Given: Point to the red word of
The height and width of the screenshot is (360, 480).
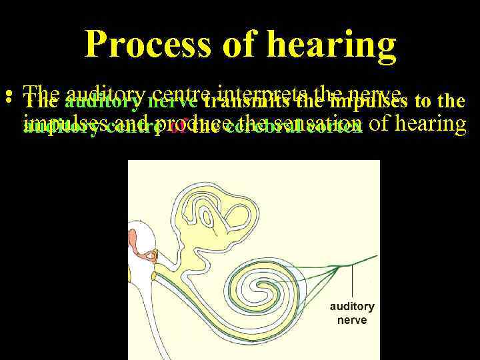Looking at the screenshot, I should [177, 127].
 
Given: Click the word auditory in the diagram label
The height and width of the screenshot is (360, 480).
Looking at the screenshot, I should [352, 307].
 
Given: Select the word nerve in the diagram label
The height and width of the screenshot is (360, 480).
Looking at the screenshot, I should [352, 319].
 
